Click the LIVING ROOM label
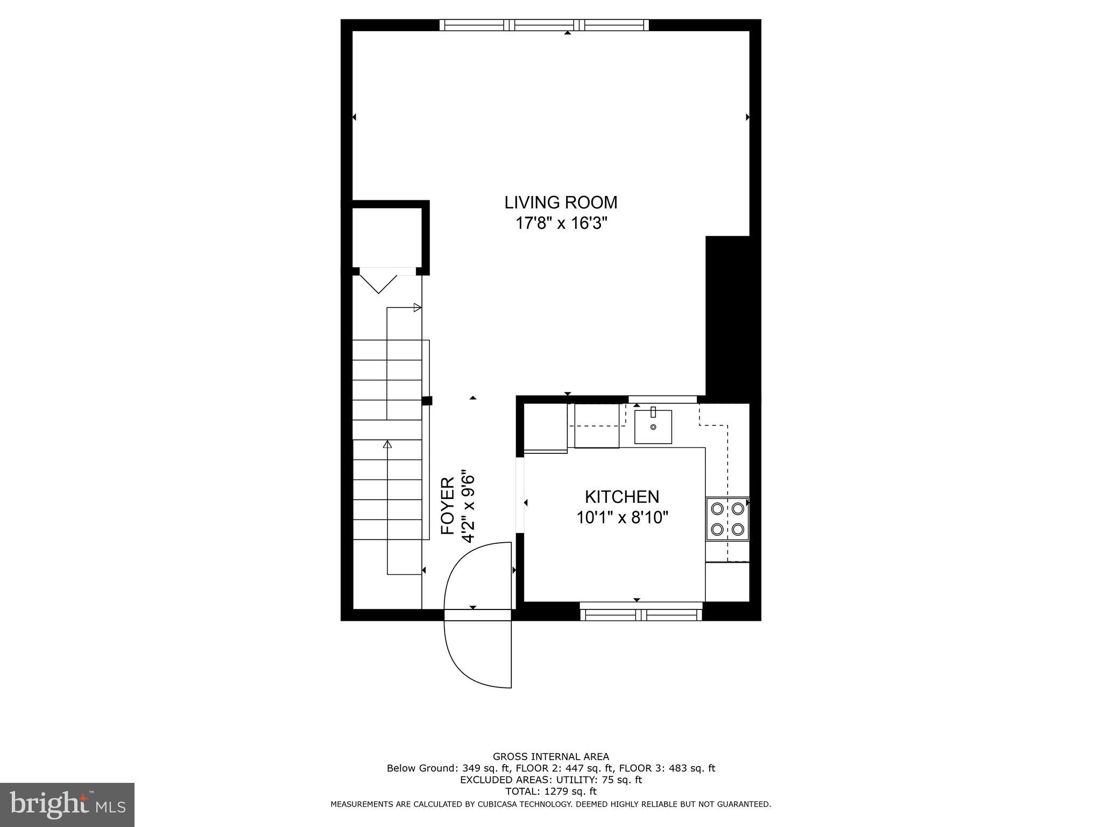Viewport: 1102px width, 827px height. [561, 202]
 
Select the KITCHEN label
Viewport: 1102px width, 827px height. [621, 496]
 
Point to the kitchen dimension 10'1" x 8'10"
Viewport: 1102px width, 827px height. [622, 517]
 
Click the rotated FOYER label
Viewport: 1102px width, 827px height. [448, 506]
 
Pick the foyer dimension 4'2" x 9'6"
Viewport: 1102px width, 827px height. [469, 508]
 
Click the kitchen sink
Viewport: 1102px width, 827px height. [653, 426]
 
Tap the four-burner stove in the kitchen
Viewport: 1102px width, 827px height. [727, 518]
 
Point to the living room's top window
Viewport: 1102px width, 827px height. [544, 25]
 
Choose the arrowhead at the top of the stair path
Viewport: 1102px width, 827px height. [417, 308]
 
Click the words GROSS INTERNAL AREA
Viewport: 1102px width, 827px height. [550, 756]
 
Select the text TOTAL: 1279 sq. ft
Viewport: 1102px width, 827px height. [550, 791]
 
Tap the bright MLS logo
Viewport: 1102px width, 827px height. [67, 804]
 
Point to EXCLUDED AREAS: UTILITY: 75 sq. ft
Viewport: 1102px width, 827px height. [550, 780]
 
